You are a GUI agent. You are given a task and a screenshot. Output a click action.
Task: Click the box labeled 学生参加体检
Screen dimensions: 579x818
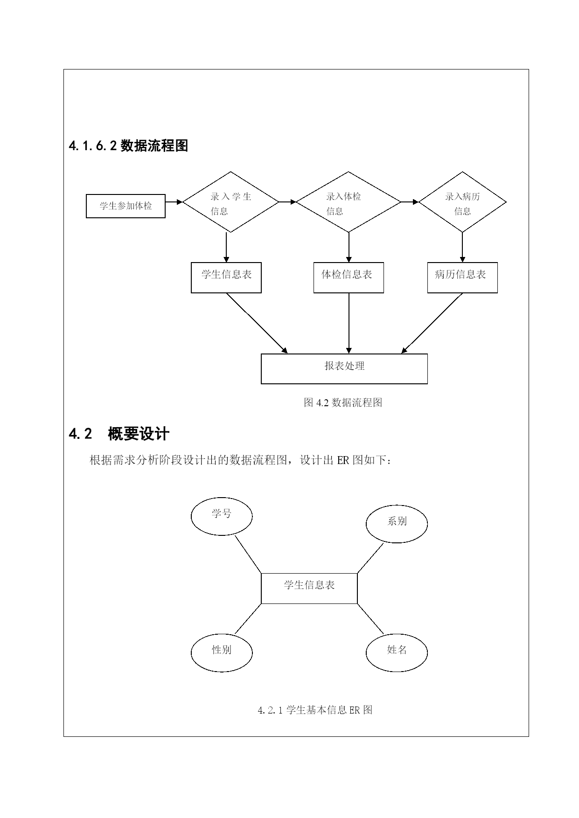click(126, 206)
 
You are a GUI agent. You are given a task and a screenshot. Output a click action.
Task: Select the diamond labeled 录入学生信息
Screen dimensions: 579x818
click(230, 202)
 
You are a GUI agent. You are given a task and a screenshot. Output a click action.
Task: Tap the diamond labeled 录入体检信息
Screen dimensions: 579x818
click(349, 202)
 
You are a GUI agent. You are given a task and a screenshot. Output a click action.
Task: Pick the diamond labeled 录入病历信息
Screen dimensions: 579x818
click(462, 202)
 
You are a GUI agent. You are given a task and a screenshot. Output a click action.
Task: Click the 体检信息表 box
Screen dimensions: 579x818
click(349, 278)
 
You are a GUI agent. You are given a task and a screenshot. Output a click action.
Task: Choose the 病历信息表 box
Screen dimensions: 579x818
click(462, 278)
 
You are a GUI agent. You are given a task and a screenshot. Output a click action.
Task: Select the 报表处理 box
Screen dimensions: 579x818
click(344, 369)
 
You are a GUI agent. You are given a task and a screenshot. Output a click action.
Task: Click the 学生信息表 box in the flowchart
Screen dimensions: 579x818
click(226, 278)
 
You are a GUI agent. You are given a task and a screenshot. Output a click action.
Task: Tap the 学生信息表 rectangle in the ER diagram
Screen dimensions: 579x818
click(309, 589)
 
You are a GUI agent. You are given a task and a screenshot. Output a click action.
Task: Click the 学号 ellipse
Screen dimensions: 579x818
click(222, 516)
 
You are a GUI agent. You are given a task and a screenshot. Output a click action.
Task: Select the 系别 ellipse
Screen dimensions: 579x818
click(397, 524)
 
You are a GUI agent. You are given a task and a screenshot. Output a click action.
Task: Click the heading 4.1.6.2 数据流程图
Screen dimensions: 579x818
click(128, 146)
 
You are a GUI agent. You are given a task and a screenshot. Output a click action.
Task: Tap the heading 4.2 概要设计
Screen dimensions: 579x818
click(119, 434)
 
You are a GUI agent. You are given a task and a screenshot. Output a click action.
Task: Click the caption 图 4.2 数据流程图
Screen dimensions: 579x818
click(343, 402)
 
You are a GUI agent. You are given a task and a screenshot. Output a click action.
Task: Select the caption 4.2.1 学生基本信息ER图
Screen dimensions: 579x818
click(315, 710)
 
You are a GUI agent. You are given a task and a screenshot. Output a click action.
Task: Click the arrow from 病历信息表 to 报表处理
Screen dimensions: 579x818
click(432, 323)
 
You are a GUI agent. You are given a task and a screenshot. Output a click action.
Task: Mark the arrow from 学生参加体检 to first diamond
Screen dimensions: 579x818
click(174, 202)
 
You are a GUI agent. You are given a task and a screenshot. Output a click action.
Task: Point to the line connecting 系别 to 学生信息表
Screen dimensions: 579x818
click(370, 558)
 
